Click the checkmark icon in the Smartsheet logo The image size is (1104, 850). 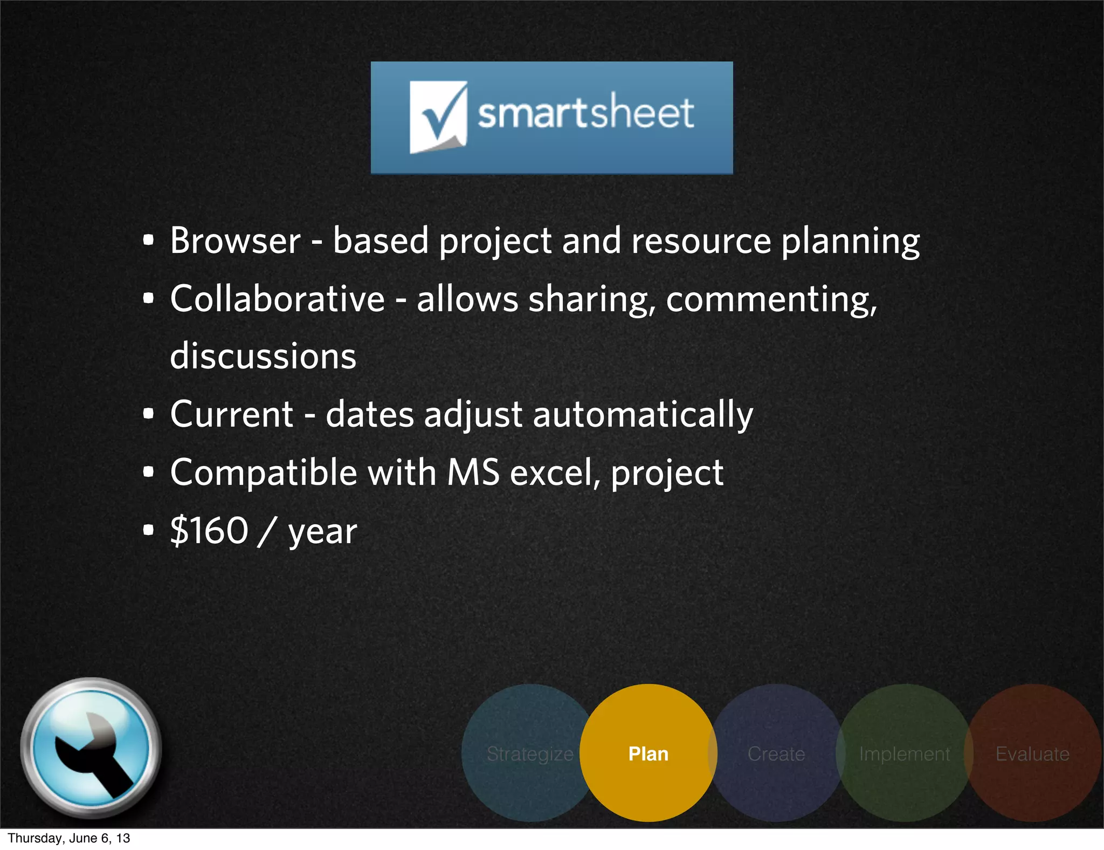(x=438, y=116)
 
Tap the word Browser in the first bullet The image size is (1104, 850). (x=235, y=241)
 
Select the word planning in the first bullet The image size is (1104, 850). (x=850, y=242)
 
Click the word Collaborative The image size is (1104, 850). (x=277, y=299)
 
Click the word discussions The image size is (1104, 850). (x=263, y=357)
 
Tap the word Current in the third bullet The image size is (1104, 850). (x=231, y=415)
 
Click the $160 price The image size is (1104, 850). (x=209, y=531)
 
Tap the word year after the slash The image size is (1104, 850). (x=322, y=533)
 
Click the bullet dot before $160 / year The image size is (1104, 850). (x=149, y=530)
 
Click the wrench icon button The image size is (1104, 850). (x=91, y=748)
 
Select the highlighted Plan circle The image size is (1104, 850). (x=648, y=753)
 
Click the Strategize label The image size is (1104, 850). (x=529, y=754)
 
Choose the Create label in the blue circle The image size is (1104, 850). (x=776, y=753)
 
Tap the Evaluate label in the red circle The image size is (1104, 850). (x=1032, y=753)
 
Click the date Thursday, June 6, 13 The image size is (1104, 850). (x=69, y=838)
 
